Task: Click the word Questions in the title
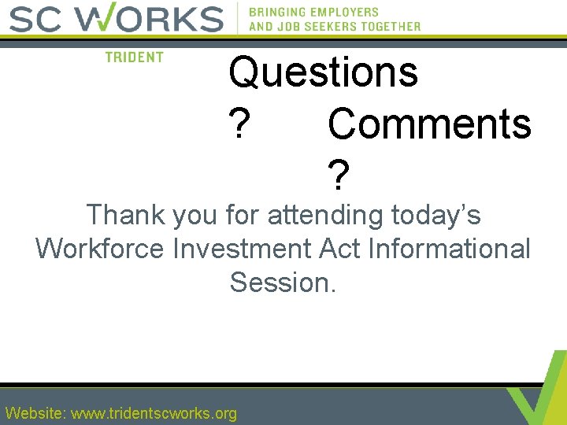(323, 72)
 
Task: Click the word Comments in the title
(429, 124)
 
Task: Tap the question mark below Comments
(338, 176)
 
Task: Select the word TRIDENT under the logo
(134, 57)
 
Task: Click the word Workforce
(101, 249)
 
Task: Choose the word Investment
(243, 249)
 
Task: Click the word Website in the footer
(35, 413)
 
